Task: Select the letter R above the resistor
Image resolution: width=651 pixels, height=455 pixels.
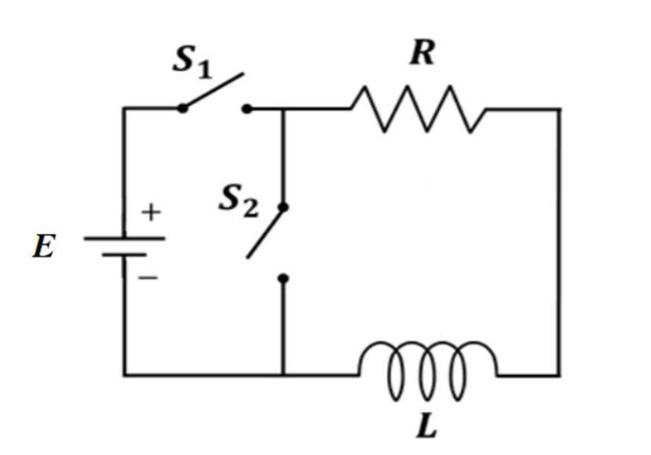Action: [x=422, y=54]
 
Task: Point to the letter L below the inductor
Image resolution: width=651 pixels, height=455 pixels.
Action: [x=427, y=426]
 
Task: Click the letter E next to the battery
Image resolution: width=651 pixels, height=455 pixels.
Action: [x=44, y=249]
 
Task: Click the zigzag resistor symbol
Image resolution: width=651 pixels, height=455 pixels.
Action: [x=419, y=109]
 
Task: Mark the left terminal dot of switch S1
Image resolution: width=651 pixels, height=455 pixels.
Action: [x=182, y=108]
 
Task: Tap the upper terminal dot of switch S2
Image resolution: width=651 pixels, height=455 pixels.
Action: [x=283, y=208]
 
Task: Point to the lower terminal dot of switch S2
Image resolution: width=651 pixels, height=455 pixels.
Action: [x=283, y=278]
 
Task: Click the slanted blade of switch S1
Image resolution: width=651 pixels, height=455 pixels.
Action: [x=213, y=91]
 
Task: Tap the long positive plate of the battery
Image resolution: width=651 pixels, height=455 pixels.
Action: [x=123, y=237]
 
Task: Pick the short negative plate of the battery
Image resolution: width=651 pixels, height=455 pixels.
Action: [x=123, y=254]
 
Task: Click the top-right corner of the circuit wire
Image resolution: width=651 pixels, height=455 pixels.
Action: [x=559, y=109]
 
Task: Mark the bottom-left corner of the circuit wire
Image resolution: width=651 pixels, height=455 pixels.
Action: [x=124, y=374]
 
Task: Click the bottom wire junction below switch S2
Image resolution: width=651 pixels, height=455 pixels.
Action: [x=283, y=374]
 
